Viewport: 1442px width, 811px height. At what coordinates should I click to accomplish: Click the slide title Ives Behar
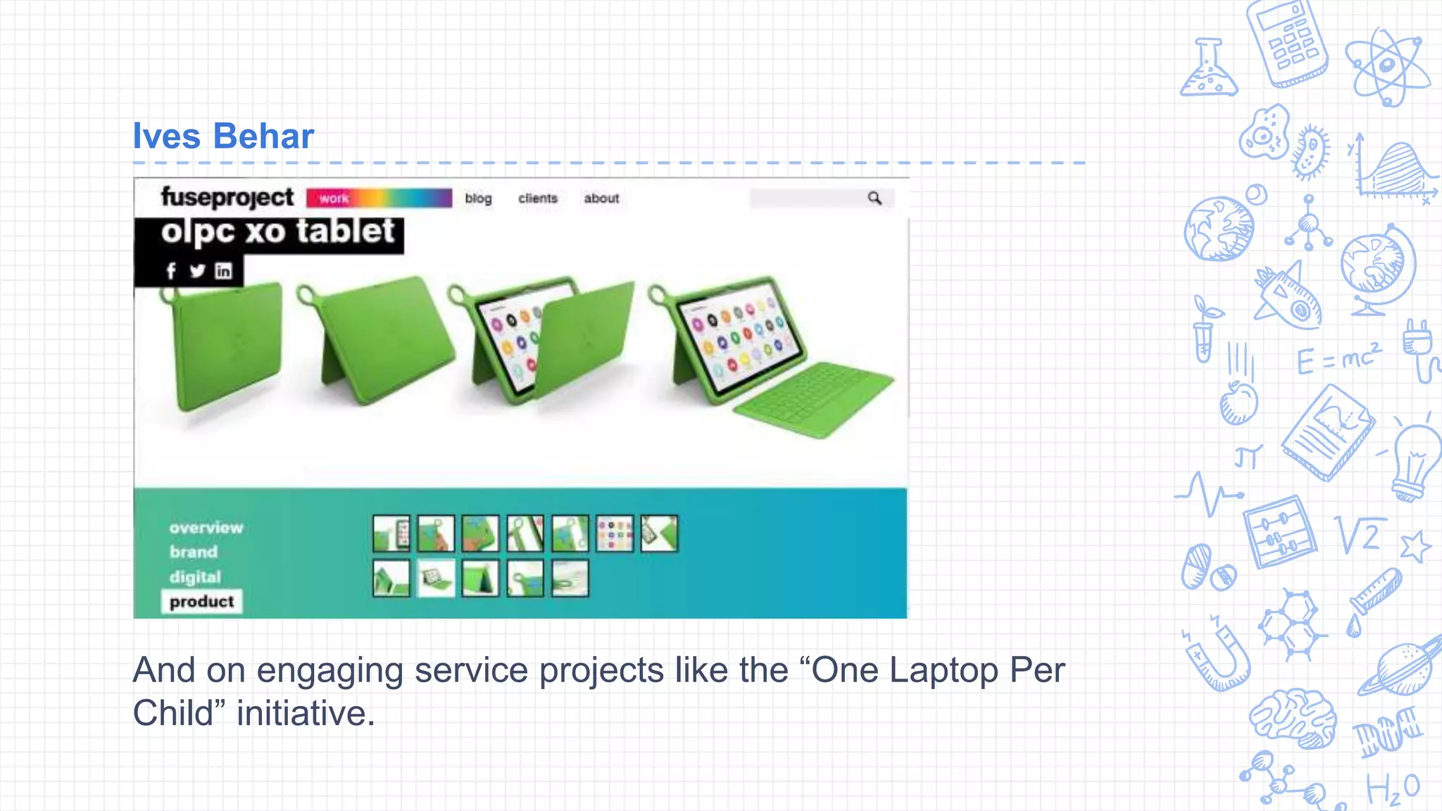[x=223, y=136]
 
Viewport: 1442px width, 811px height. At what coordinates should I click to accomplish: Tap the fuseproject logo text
[x=227, y=197]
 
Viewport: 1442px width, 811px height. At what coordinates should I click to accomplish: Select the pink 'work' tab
[x=334, y=199]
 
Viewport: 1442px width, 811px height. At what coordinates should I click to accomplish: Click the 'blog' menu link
[x=478, y=199]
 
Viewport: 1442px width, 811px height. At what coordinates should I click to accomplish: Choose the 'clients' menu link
[x=538, y=199]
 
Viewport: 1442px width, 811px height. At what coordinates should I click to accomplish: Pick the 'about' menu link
[x=601, y=199]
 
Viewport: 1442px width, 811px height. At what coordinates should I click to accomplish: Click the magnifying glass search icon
[x=874, y=199]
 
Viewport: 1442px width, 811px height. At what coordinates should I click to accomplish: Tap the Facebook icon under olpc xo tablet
[x=171, y=271]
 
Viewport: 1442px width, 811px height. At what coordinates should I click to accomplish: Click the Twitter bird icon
[x=197, y=271]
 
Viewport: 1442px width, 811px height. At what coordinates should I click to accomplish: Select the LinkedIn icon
[x=223, y=271]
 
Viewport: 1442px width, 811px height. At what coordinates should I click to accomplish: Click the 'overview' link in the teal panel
[x=206, y=527]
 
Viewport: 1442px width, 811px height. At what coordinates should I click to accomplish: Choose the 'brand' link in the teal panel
[x=194, y=552]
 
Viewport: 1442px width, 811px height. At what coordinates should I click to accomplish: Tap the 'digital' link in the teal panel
[x=195, y=577]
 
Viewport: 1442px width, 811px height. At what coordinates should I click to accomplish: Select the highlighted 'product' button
[x=202, y=602]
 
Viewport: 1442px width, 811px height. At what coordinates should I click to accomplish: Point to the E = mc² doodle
[x=1338, y=359]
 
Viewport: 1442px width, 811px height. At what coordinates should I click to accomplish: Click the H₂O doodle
[x=1393, y=788]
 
